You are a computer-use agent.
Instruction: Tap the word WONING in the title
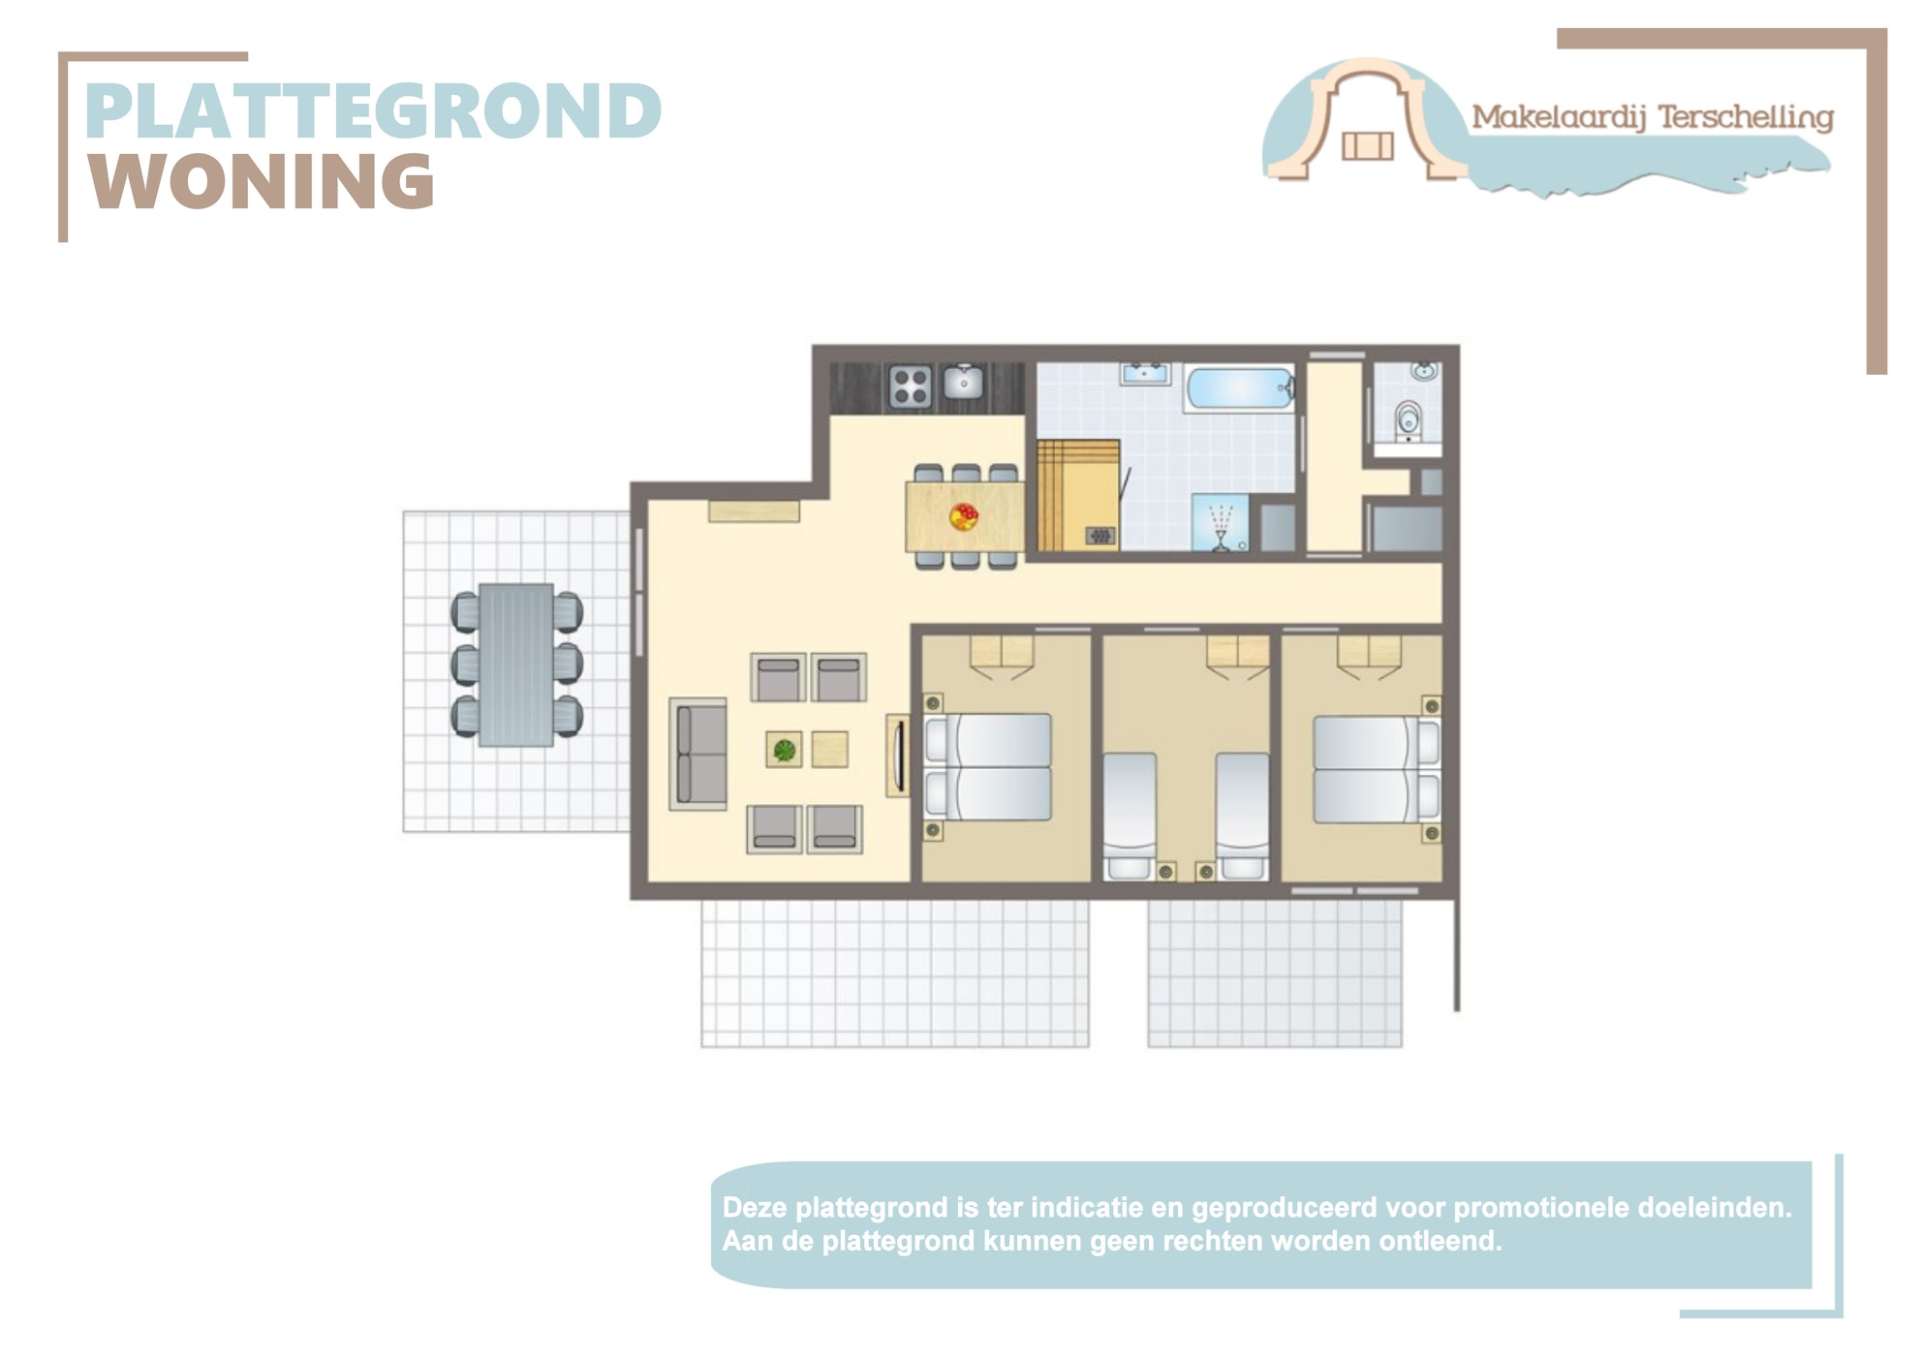pos(262,181)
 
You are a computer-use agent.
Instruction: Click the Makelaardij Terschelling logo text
pos(1653,118)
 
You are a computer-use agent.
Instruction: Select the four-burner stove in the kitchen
pos(911,386)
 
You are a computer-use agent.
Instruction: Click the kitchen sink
pos(964,382)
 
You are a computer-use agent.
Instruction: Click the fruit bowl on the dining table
pos(964,515)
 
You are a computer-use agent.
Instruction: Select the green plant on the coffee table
pos(785,749)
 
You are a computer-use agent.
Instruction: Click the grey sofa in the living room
pos(698,754)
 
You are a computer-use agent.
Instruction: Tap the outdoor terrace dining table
pos(516,664)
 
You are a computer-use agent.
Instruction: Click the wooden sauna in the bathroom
pos(1078,495)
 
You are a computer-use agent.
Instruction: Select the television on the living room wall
pos(898,756)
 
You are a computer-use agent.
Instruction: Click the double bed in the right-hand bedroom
pos(1376,769)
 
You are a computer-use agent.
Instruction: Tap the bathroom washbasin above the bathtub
pos(1146,374)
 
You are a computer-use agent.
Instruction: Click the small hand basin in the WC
pos(1424,371)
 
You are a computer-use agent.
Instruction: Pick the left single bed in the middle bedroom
pos(1130,816)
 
